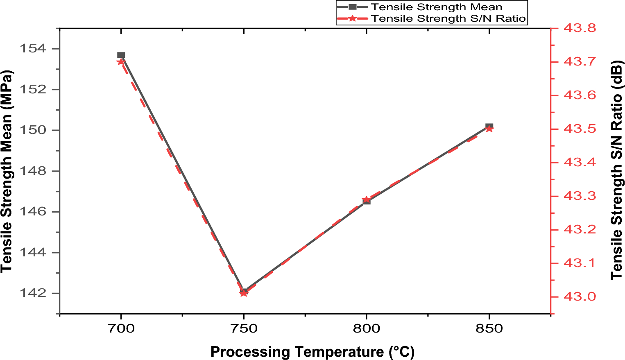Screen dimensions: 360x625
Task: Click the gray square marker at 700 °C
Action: [121, 55]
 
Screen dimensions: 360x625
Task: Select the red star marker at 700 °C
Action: [120, 62]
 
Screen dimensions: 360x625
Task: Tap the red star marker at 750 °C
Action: [244, 293]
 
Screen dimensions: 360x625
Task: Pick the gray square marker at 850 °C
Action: [489, 126]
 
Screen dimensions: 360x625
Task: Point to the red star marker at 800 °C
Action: [366, 199]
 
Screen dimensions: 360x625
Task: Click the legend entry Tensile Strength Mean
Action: [436, 7]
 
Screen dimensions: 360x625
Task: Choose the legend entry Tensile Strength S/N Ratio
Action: [448, 18]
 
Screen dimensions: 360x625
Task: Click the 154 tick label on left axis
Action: [33, 49]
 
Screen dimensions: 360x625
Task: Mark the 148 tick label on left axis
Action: [33, 171]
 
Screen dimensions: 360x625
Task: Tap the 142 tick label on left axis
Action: [33, 293]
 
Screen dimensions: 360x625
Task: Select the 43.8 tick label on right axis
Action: [580, 28]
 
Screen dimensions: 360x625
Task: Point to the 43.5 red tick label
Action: [580, 129]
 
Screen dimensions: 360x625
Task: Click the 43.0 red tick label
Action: [580, 297]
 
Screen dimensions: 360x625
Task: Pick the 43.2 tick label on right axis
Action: [580, 229]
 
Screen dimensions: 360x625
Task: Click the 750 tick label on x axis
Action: [244, 328]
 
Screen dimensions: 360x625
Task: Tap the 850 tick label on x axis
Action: [489, 328]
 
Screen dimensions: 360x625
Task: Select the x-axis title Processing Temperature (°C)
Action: [312, 352]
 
